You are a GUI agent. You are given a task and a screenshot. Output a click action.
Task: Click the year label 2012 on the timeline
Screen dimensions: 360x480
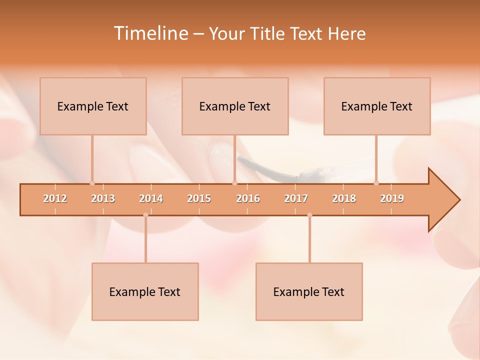click(x=55, y=198)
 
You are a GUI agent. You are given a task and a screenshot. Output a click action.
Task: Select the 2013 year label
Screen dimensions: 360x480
click(x=103, y=198)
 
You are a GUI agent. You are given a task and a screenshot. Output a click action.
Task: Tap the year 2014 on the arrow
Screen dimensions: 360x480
click(x=151, y=198)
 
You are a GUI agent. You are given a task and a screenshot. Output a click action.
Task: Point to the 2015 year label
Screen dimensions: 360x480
click(x=199, y=198)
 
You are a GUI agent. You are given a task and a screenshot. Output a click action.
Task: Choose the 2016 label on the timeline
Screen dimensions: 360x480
click(x=248, y=198)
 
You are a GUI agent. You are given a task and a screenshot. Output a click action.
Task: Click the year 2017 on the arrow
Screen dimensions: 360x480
click(x=296, y=198)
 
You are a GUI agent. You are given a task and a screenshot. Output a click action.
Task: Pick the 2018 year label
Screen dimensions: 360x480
click(x=344, y=198)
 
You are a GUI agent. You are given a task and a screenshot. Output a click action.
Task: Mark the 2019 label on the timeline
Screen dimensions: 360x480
click(x=392, y=198)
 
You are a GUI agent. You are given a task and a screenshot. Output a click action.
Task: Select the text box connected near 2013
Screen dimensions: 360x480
click(x=93, y=106)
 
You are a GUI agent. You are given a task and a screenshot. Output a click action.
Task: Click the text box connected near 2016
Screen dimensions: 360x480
click(x=235, y=106)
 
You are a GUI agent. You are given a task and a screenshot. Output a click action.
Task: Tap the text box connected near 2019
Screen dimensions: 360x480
click(x=377, y=106)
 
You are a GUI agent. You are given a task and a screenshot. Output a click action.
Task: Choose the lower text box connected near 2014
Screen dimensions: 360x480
click(x=145, y=291)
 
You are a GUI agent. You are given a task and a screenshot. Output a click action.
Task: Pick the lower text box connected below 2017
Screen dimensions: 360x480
click(x=309, y=291)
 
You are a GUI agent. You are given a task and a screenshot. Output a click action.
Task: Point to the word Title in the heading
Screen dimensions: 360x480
click(x=270, y=33)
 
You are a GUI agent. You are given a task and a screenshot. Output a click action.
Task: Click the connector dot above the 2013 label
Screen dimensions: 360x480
click(x=92, y=183)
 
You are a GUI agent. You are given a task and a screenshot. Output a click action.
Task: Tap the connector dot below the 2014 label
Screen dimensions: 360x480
click(x=145, y=215)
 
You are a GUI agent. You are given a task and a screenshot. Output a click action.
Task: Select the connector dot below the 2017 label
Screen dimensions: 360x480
click(x=309, y=215)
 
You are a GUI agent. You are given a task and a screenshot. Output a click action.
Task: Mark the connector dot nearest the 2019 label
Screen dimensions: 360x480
click(x=376, y=183)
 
